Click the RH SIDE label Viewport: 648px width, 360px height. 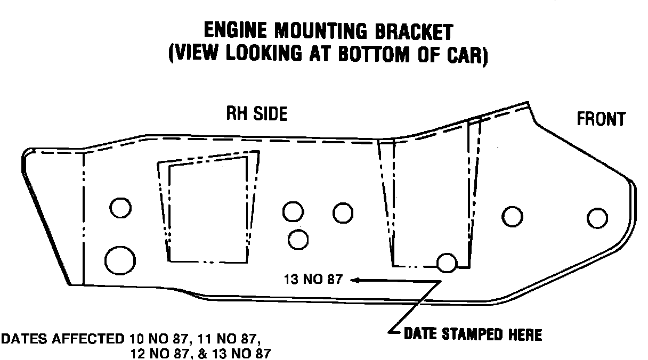point(257,114)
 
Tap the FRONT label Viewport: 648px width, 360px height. point(601,119)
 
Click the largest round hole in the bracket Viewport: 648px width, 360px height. point(120,259)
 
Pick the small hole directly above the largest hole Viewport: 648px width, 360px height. point(121,207)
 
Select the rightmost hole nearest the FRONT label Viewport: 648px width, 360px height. point(597,218)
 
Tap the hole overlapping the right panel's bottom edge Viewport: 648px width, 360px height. point(447,262)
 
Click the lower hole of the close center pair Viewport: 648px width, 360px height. point(298,239)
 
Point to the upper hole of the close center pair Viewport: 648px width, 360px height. point(293,211)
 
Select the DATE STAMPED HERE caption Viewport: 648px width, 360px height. point(472,335)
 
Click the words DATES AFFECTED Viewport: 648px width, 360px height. point(63,339)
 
